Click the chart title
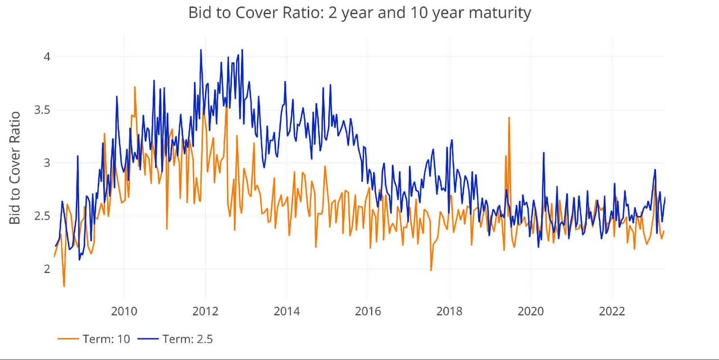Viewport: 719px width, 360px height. (359, 13)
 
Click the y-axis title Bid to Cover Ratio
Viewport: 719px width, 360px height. (15, 168)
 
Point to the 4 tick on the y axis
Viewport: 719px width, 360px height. (47, 57)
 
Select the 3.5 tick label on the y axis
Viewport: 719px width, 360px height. (43, 110)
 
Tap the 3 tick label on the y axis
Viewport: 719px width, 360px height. (47, 163)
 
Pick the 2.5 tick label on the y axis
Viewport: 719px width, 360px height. (43, 216)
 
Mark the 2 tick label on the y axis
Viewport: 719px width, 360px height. (47, 269)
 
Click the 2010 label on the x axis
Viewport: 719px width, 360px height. (124, 311)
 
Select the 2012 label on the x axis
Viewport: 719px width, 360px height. (205, 311)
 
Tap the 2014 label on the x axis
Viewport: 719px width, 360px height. (286, 311)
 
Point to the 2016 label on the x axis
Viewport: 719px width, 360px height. (368, 311)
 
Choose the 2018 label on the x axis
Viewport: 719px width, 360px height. (449, 311)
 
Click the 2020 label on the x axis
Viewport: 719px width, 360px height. (531, 311)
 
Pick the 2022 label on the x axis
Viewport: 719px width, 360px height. (612, 311)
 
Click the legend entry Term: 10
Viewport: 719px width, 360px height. (94, 339)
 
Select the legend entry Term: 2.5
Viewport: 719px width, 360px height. (175, 339)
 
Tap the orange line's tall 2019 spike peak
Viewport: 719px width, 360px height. (509, 118)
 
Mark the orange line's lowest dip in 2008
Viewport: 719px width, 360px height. (64, 286)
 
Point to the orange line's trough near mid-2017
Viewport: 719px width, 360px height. (431, 271)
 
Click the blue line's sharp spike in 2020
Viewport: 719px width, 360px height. (543, 153)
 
